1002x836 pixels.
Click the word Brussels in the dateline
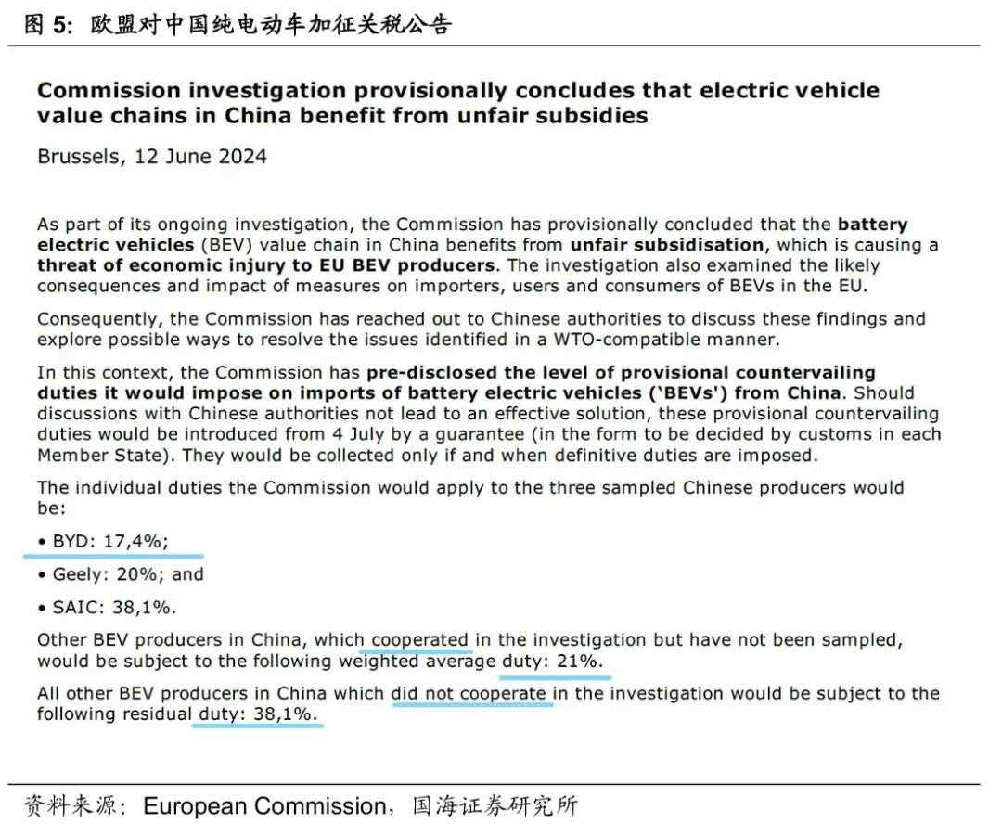click(x=77, y=156)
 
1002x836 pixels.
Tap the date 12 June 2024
click(x=200, y=156)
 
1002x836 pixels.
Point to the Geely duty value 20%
click(x=135, y=574)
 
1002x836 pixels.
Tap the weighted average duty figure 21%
click(x=580, y=661)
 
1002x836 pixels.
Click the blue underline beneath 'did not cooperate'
click(x=473, y=704)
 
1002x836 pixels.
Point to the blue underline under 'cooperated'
click(x=420, y=651)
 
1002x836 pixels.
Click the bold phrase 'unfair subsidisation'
click(x=666, y=245)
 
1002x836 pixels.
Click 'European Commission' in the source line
click(x=263, y=805)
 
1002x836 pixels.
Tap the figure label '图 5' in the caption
click(x=45, y=24)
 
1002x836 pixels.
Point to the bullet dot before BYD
click(x=42, y=541)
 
